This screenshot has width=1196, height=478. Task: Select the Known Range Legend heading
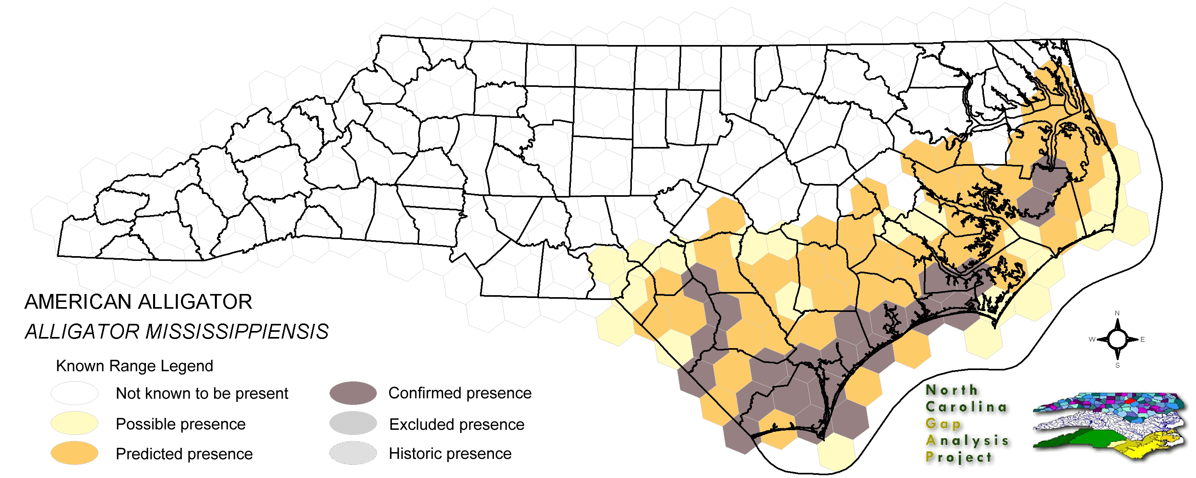coord(134,366)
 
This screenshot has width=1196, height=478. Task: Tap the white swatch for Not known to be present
coord(74,394)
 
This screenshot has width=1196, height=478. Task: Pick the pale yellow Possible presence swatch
coord(74,424)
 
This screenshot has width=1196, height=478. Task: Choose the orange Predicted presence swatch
coord(74,453)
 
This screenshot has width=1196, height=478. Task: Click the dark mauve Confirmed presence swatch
coord(353,394)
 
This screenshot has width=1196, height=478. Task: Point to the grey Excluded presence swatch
coord(353,423)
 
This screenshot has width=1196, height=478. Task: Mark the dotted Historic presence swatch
coord(353,453)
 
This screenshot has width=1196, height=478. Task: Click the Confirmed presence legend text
coord(460,393)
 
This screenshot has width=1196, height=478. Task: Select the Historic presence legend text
coord(450,453)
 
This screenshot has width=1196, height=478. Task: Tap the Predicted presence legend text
coord(184,454)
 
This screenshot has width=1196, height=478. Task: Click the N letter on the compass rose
coord(1117,313)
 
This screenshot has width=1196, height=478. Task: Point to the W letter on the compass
coord(1092,340)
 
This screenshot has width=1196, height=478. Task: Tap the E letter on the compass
coord(1142,340)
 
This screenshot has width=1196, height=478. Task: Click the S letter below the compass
coord(1117,366)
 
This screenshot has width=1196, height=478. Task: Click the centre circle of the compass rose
coord(1117,340)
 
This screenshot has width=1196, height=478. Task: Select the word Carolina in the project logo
coord(966,407)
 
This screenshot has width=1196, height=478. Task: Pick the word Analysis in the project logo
coord(967,441)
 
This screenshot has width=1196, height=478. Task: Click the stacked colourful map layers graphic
coord(1109,425)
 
